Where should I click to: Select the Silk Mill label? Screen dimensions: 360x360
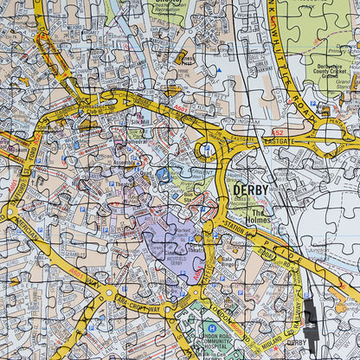pos(138,119)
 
